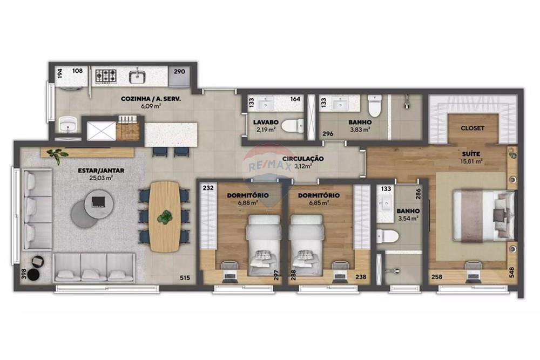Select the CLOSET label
(x=472, y=128)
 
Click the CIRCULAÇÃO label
(x=303, y=159)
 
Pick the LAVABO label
(x=265, y=122)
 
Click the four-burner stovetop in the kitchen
(x=106, y=76)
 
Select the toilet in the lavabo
(x=292, y=126)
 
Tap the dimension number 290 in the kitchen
(x=179, y=71)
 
